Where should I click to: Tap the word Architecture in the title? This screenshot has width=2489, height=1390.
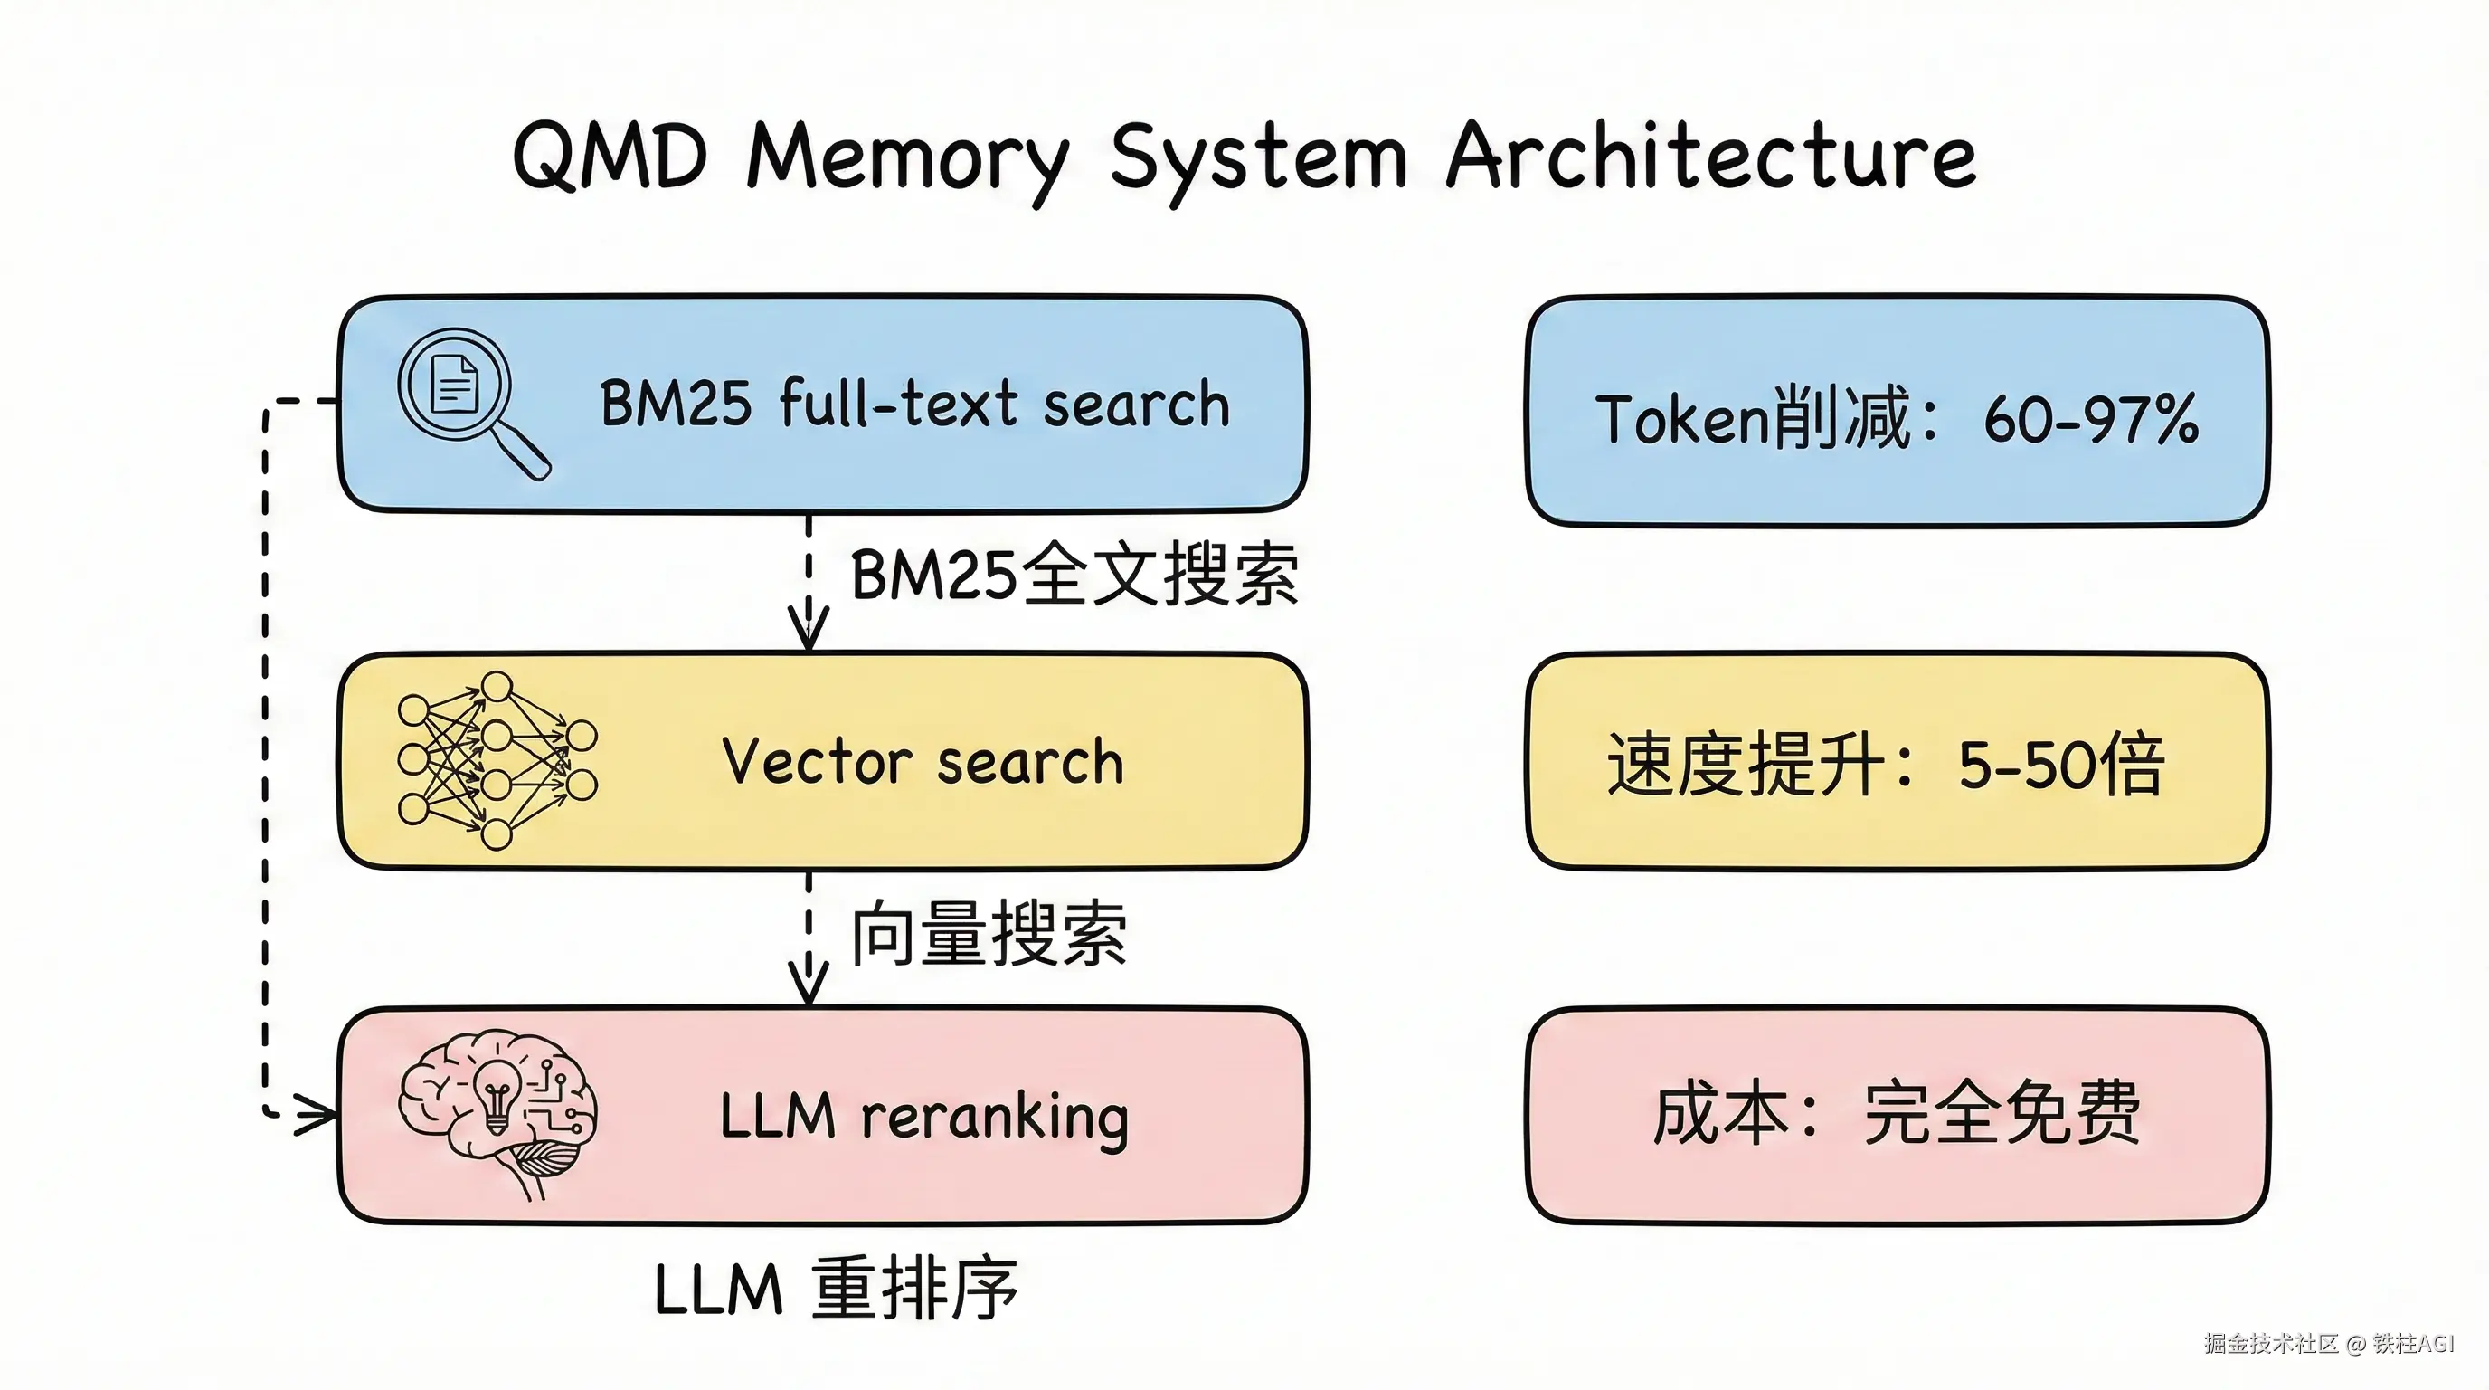1710,157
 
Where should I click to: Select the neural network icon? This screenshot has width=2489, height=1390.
497,761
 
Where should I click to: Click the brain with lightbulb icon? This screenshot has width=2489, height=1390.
497,1111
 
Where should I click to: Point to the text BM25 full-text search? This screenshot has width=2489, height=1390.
914,403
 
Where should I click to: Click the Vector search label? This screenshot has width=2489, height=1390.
923,762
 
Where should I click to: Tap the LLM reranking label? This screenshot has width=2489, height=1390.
923,1117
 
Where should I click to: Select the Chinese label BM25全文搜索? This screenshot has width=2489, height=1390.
1074,576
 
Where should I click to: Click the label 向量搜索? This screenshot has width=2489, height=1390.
989,933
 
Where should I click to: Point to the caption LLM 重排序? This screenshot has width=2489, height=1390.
836,1289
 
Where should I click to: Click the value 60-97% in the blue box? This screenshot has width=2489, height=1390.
2091,420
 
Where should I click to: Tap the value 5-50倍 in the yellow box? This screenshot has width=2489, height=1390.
2060,765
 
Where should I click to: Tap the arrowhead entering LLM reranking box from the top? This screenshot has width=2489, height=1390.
809,984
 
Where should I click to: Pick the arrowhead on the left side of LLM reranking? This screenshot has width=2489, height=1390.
317,1115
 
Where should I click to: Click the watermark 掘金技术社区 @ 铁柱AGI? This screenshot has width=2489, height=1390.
2329,1344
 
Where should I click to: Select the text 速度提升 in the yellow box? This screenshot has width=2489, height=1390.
1745,764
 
